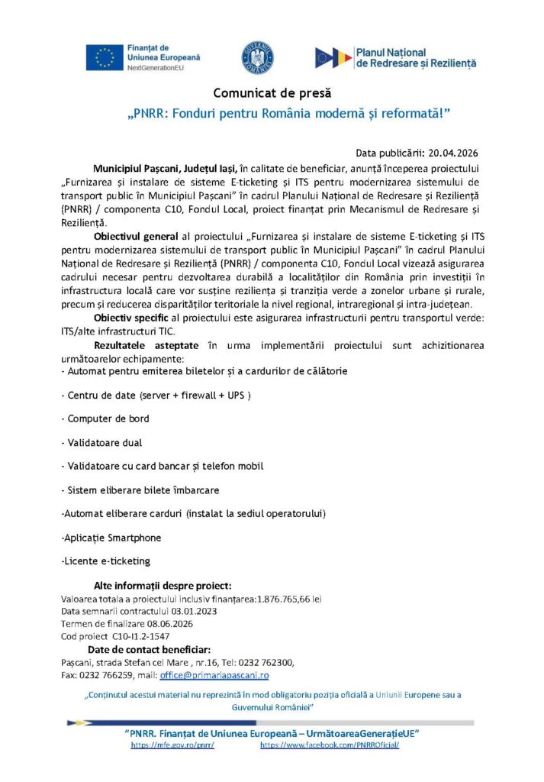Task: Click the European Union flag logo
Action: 105,57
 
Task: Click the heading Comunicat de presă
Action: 272,94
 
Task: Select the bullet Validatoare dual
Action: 105,442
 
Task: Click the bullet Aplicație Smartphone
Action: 111,538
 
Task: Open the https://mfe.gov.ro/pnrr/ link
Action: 172,745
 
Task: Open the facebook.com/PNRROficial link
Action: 330,745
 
